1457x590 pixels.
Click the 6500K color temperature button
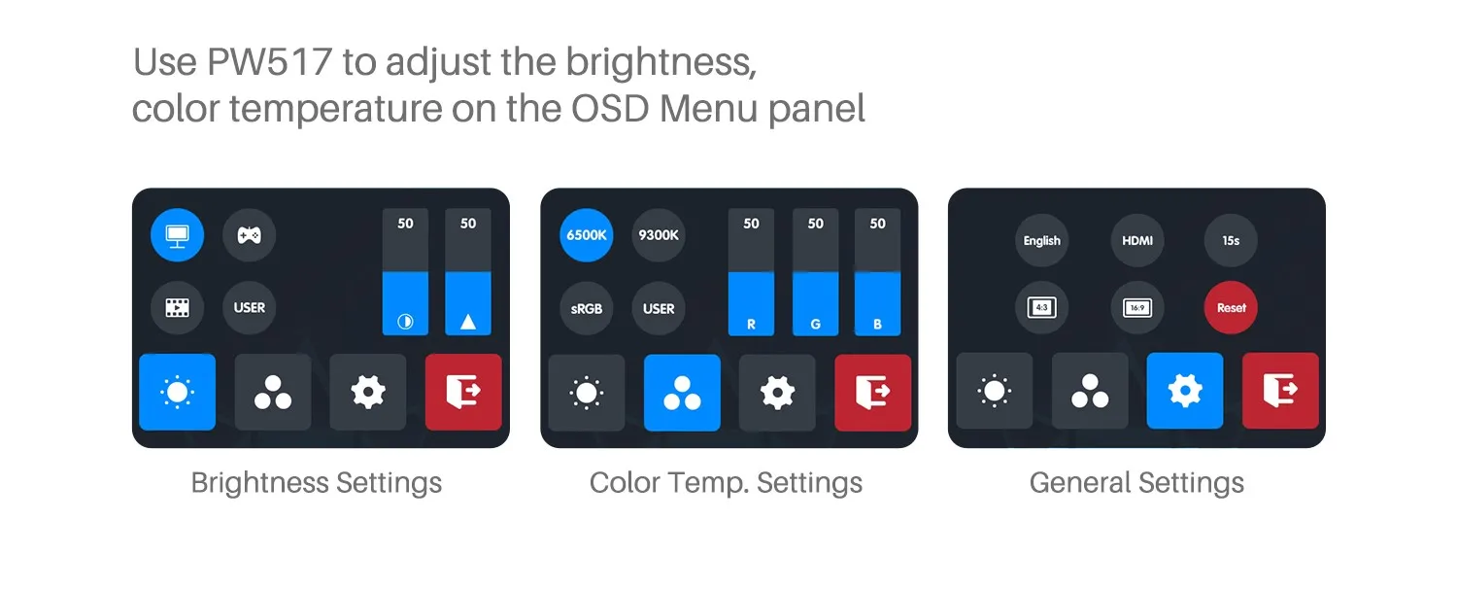point(586,235)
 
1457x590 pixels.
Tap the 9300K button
point(659,235)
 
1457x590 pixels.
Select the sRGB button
point(586,308)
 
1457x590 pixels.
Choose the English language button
point(1042,240)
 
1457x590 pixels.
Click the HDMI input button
point(1137,240)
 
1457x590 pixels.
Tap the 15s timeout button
point(1231,240)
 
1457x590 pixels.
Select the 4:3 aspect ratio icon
point(1042,307)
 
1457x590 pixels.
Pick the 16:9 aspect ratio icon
point(1137,307)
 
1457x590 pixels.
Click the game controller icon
point(249,235)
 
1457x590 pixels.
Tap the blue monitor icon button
point(177,235)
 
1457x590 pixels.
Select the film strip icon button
point(177,307)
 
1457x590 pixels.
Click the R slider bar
point(751,272)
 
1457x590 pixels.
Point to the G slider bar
point(815,272)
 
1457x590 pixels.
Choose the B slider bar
point(877,272)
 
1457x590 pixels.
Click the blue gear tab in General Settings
point(1185,391)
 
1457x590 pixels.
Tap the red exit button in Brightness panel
point(463,392)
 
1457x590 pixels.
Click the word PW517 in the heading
point(269,62)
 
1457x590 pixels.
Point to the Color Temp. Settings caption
point(726,483)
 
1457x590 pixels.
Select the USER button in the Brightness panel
point(249,307)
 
